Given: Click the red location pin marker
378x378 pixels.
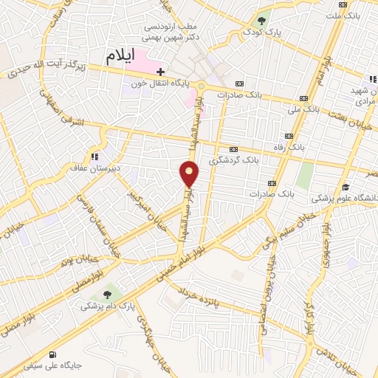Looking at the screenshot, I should coord(189,174).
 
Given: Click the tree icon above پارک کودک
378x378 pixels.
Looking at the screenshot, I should coord(261,19).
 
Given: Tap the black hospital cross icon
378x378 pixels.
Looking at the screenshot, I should coord(160,71).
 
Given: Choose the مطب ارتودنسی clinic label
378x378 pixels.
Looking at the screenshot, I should coord(172,27).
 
